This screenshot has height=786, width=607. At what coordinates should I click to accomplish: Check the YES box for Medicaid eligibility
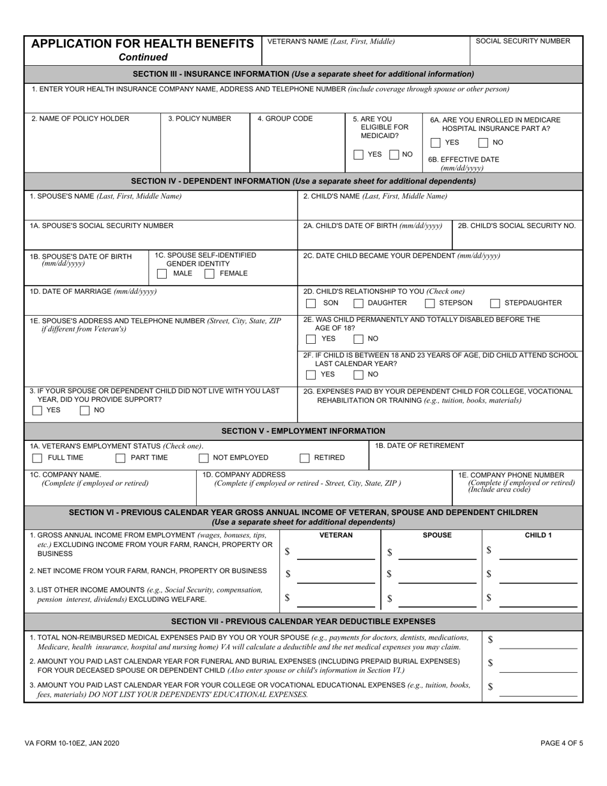pos(358,155)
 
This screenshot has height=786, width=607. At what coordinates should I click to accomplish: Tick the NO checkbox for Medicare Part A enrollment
pos(484,143)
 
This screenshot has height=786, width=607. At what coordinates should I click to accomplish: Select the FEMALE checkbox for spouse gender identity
pos(209,274)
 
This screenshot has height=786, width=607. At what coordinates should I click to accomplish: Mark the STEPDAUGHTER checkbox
pos(495,303)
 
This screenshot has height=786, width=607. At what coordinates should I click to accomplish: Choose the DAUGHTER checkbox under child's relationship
pos(358,303)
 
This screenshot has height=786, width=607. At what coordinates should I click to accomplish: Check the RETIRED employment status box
pos(305,458)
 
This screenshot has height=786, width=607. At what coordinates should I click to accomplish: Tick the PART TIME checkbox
pos(120,458)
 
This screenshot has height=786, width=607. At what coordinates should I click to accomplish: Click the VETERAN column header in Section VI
pos(335,535)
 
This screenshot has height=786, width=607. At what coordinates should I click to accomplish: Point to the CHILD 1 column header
pos(537,535)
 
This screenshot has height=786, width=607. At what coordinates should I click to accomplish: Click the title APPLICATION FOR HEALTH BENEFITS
pos(142,43)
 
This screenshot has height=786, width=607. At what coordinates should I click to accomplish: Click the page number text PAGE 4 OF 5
pos(562,743)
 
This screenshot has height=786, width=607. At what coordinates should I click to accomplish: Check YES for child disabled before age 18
pos(311,339)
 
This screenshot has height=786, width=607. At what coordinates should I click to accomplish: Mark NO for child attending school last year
pos(358,374)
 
